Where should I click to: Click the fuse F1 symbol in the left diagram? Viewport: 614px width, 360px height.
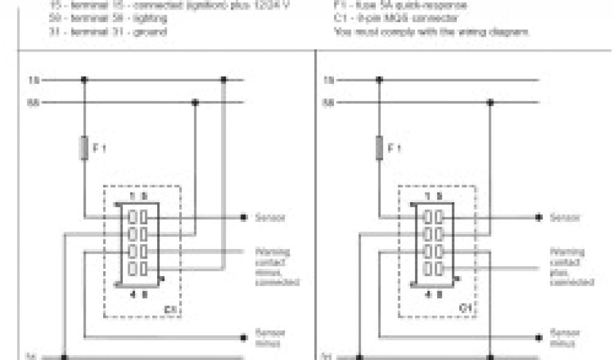pos(84,148)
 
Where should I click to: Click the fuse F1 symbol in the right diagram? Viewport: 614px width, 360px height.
pos(378,148)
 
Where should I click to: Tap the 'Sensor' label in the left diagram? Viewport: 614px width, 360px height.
pos(270,217)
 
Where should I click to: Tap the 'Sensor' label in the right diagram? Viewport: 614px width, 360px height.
pos(565,217)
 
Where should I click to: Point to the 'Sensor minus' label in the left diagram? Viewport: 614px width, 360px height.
pos(270,337)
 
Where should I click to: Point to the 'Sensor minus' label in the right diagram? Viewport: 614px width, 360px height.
pos(565,337)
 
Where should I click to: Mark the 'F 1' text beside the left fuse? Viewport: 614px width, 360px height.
pos(100,149)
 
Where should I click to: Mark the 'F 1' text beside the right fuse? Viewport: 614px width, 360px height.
pos(394,149)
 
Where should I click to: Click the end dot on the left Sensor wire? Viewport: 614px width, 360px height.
pos(244,217)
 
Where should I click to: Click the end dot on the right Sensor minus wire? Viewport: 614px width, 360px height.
pos(538,336)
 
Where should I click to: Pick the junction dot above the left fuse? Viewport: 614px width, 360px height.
pos(84,79)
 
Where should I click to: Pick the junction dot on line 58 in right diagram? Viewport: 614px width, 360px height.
pos(490,103)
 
